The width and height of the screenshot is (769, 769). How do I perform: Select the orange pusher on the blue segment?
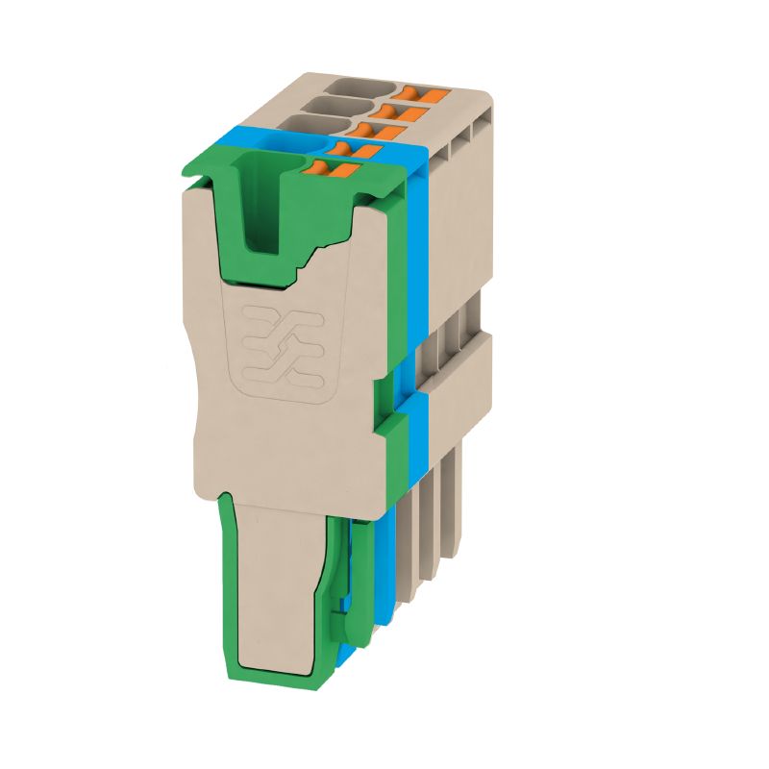351,150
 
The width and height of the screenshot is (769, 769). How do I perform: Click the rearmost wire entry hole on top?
360,94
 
